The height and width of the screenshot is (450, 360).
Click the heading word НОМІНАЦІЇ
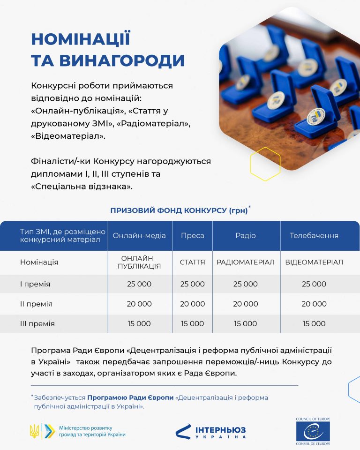coord(81,39)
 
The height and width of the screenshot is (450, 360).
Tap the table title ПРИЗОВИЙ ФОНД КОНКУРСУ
coord(179,210)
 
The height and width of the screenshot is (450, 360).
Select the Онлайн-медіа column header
coord(139,235)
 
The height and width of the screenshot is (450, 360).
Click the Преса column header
coord(193,235)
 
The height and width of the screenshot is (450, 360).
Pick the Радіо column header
coord(246,235)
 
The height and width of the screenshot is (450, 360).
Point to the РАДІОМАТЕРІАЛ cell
coord(246,262)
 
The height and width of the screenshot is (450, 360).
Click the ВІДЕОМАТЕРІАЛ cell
coord(314,262)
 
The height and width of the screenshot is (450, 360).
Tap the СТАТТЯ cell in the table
coord(193,262)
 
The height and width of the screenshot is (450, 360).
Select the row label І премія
coord(35,284)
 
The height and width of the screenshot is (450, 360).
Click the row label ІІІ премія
coord(37,323)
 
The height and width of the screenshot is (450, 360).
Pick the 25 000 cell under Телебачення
coord(314,284)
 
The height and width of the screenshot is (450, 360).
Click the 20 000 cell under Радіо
coord(246,304)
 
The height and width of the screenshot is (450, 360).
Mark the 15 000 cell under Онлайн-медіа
coord(139,323)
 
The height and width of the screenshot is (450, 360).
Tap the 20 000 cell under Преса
coord(193,304)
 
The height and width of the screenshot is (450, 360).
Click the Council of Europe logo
coord(313,430)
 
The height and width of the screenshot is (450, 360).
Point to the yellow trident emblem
coord(34,431)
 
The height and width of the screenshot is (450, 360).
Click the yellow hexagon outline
coord(265,166)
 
